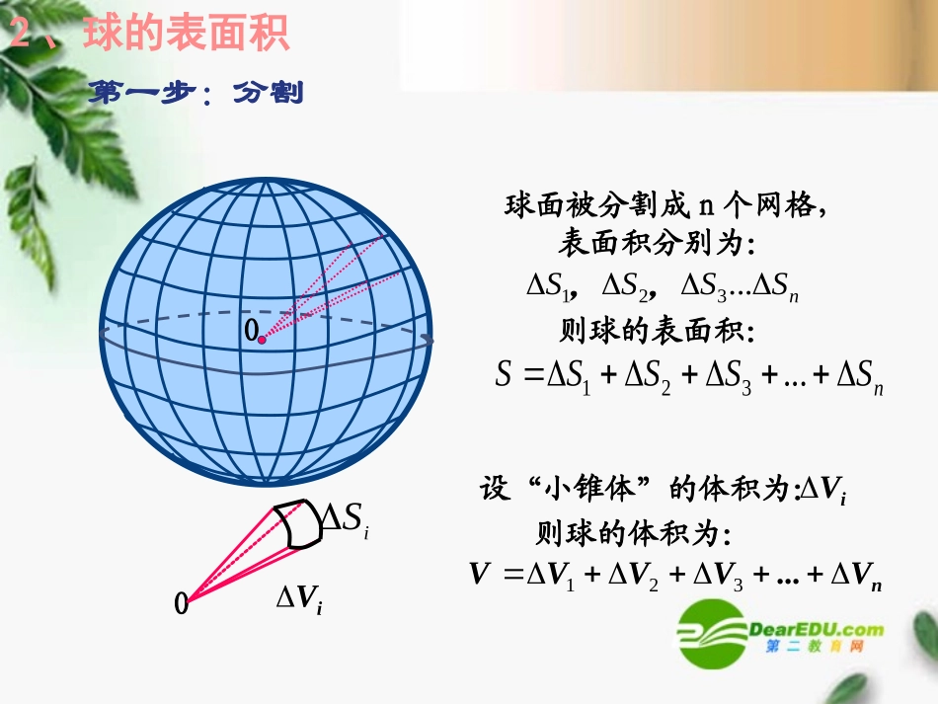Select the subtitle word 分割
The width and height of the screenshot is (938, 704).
tap(268, 94)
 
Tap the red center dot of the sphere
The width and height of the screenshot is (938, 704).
tap(262, 339)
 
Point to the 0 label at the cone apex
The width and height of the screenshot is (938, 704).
tap(181, 602)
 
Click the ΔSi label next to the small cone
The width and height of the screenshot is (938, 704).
tap(347, 518)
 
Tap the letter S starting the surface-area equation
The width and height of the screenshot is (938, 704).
tap(505, 374)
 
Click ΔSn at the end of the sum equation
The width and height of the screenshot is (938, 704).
tap(859, 377)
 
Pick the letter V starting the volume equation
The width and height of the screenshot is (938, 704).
tap(481, 574)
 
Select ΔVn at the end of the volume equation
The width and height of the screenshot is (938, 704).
tap(855, 576)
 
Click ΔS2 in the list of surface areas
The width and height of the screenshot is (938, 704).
tap(624, 286)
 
